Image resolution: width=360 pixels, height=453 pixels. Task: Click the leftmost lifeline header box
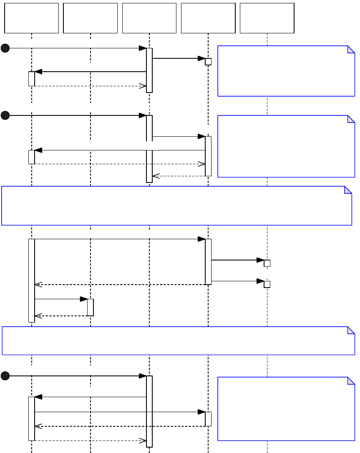click(x=31, y=18)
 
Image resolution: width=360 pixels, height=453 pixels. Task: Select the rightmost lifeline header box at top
click(x=267, y=18)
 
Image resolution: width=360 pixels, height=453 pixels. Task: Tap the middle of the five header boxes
click(x=149, y=18)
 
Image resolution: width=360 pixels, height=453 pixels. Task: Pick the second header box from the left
click(x=90, y=18)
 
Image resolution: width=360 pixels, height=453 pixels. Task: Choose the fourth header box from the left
click(x=208, y=18)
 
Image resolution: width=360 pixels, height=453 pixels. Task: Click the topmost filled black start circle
click(x=5, y=48)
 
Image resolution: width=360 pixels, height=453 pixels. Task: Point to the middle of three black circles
click(x=5, y=115)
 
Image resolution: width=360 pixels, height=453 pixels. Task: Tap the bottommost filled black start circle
click(x=5, y=376)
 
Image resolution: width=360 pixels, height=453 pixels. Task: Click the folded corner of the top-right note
click(x=351, y=49)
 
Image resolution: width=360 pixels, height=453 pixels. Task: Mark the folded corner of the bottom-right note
click(x=351, y=380)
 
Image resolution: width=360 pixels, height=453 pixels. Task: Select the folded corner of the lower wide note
click(x=351, y=330)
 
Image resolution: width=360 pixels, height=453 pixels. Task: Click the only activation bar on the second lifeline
click(x=90, y=307)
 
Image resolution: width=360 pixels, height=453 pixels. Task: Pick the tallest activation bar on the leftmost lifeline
click(x=32, y=280)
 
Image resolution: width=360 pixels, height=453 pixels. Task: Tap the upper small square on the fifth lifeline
click(x=267, y=263)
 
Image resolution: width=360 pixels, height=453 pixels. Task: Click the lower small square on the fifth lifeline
click(x=267, y=284)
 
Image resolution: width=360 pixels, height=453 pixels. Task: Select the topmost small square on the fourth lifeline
click(x=208, y=62)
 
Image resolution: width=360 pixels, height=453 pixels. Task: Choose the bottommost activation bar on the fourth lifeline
click(x=208, y=419)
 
